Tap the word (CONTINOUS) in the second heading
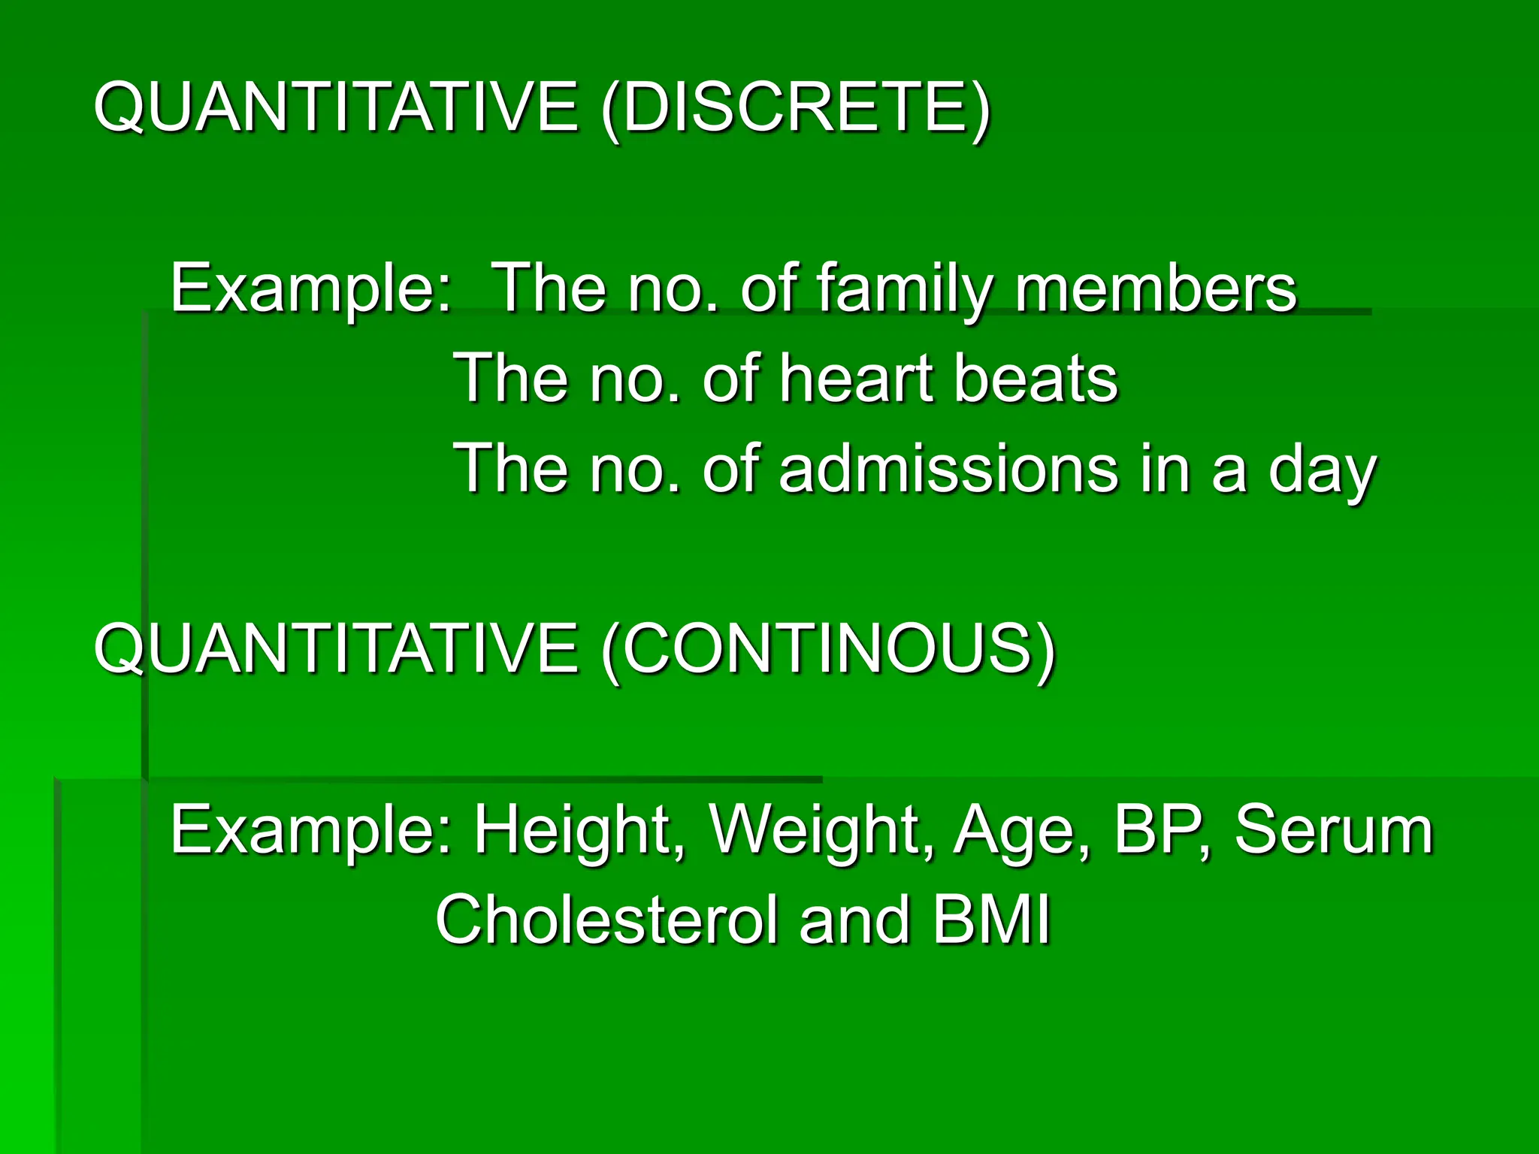829,648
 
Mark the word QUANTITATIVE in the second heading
336,648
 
